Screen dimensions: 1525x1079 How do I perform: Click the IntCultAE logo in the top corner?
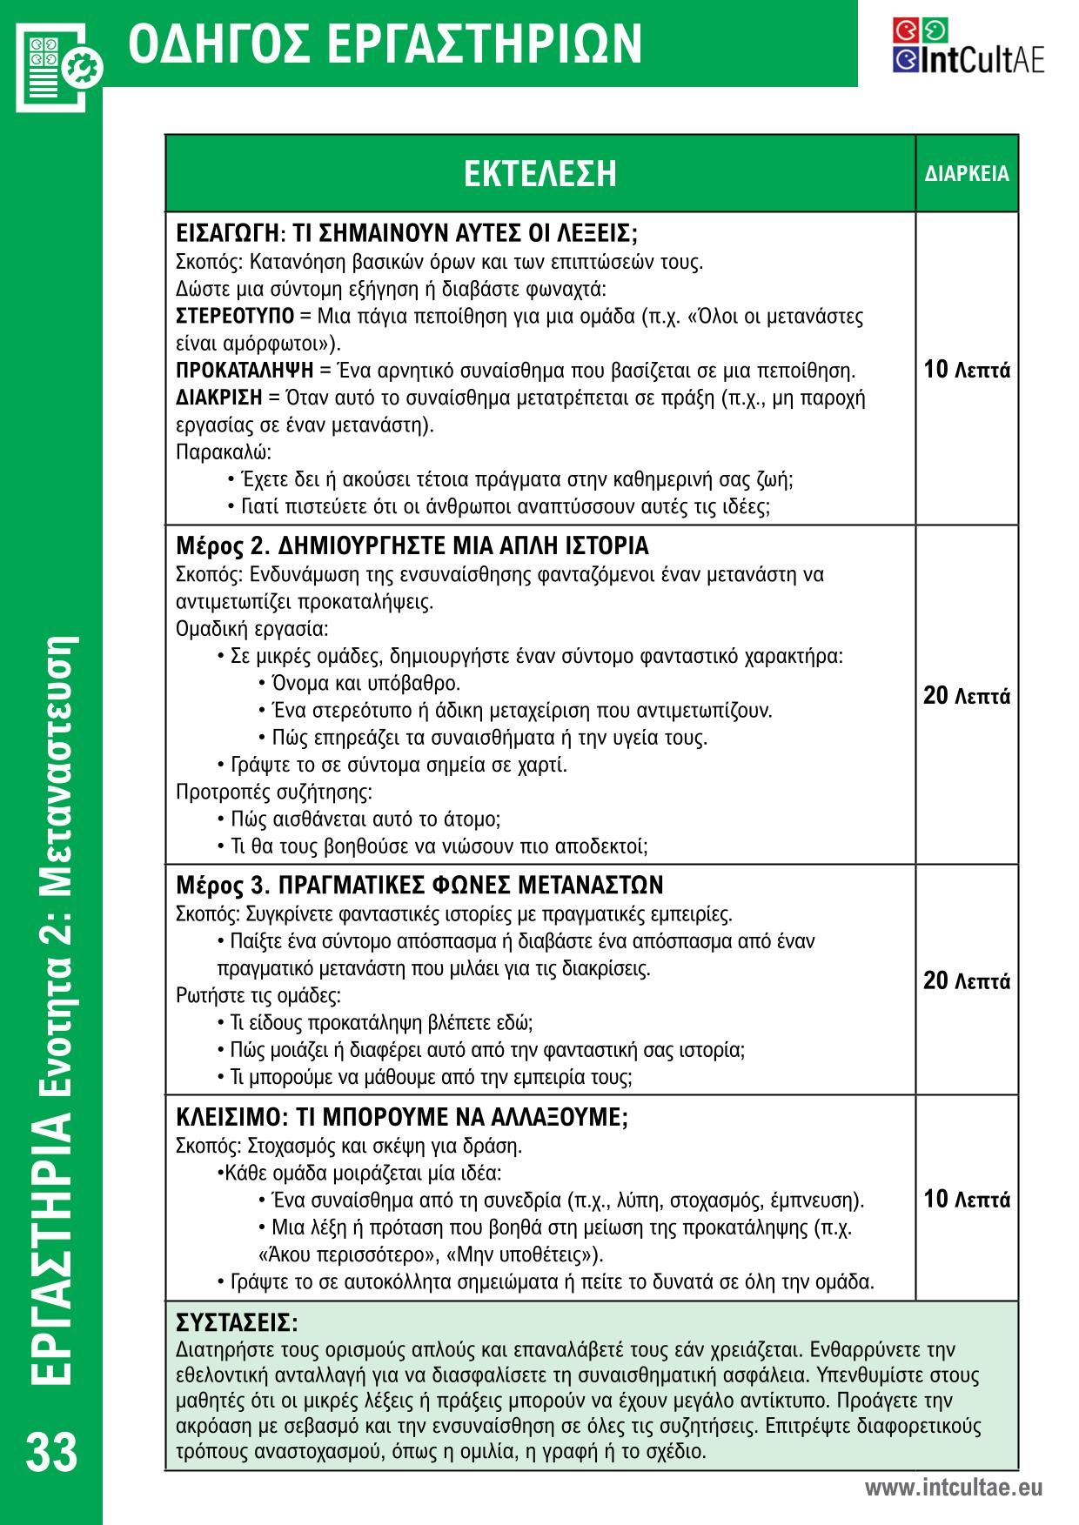coord(968,46)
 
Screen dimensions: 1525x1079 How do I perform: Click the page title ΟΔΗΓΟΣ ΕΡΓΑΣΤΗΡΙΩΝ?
coord(385,43)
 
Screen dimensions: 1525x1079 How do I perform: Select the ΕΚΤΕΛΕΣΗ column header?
coord(539,173)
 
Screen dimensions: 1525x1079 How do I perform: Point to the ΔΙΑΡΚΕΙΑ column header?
coord(967,173)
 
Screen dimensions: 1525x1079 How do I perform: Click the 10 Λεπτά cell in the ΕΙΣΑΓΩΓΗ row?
coord(967,370)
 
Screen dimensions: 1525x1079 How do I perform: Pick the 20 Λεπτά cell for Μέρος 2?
coord(967,696)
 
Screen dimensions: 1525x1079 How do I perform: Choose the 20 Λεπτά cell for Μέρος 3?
coord(967,981)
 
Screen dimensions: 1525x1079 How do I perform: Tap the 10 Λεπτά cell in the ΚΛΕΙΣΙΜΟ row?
coord(967,1200)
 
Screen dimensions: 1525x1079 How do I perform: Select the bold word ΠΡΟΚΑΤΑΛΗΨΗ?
coord(245,371)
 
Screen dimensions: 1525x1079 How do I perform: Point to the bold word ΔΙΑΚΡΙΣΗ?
coord(219,398)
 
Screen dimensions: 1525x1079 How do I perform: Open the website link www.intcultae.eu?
coord(953,1488)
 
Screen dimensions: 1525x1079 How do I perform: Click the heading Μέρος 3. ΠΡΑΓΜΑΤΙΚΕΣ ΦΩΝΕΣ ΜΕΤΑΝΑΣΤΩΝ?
coord(419,886)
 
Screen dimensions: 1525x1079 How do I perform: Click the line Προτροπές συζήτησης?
coord(274,792)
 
